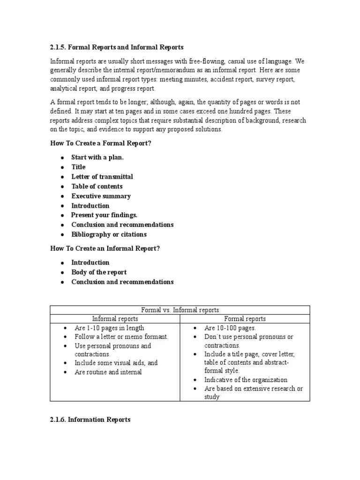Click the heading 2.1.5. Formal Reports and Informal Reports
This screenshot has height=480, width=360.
117,47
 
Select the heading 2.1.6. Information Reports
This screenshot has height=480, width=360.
90,420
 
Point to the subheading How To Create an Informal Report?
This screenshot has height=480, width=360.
105,248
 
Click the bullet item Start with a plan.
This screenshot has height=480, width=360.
97,157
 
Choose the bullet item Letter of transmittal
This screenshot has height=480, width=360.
102,177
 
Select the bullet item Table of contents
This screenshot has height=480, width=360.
97,186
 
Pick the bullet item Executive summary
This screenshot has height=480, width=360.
101,196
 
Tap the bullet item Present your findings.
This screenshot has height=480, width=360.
104,215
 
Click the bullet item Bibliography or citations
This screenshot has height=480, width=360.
109,234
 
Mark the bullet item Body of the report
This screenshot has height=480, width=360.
98,272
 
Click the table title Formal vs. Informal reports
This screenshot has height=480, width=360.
180,310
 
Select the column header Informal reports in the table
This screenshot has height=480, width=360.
115,319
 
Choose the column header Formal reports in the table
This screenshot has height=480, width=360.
245,319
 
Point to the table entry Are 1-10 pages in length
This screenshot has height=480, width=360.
109,328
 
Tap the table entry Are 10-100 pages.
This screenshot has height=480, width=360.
230,328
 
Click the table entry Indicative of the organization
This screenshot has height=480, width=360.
246,380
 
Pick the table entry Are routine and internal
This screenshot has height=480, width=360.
108,372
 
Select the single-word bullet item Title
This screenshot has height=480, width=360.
78,167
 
